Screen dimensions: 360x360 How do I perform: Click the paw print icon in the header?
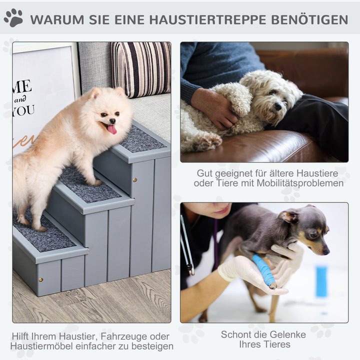(13, 18)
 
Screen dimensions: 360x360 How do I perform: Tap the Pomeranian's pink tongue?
(112, 129)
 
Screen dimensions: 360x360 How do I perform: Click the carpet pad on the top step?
(141, 139)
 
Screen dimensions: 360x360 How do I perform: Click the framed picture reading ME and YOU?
(42, 95)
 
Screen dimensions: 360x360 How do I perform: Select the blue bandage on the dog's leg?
(264, 270)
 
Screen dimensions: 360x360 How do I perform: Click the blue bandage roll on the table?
(321, 281)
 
